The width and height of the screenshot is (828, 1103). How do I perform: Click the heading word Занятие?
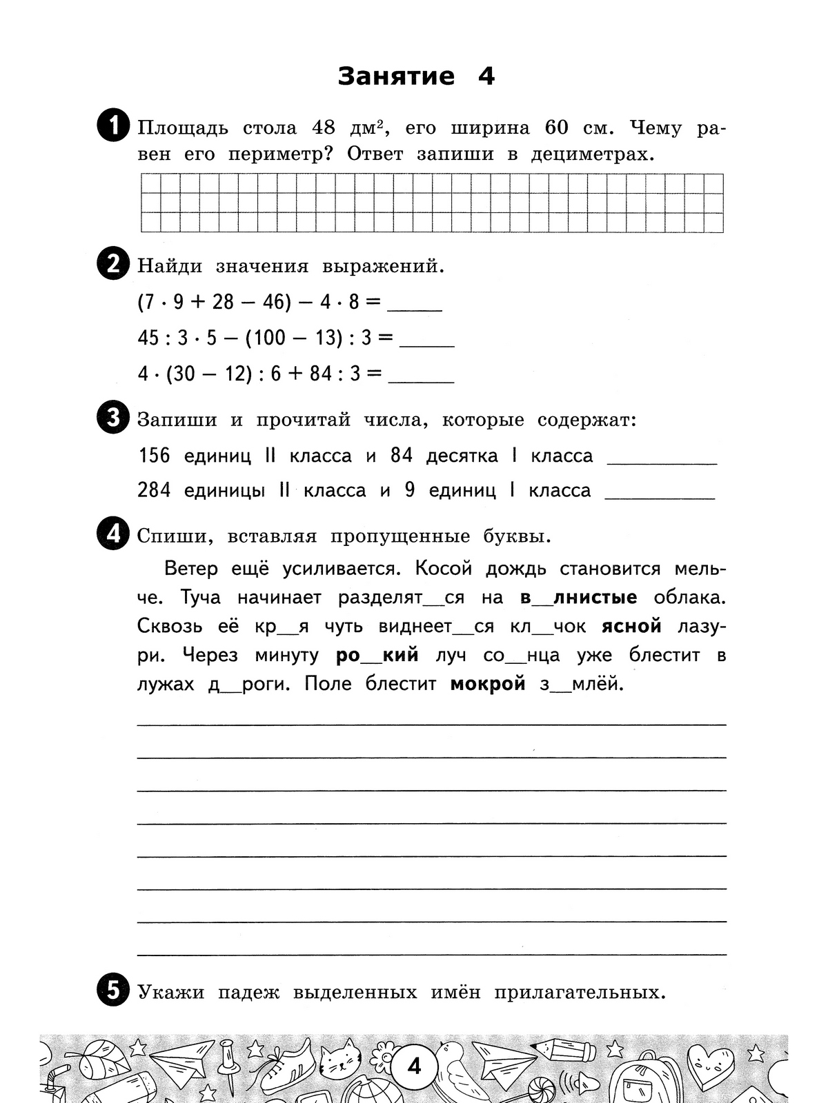coord(396,77)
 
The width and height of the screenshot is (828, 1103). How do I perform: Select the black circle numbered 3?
coord(113,418)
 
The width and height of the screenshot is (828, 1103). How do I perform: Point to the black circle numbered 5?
coord(113,991)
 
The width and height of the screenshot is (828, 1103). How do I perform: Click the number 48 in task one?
coord(324,128)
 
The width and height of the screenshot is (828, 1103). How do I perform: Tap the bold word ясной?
coord(631,627)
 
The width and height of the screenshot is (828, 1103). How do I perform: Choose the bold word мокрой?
coord(487,685)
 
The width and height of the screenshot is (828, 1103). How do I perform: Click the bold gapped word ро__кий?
coord(377,656)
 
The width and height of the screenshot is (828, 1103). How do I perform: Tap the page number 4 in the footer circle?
coord(414,1067)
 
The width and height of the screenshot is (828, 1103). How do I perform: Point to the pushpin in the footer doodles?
coord(228,1065)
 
